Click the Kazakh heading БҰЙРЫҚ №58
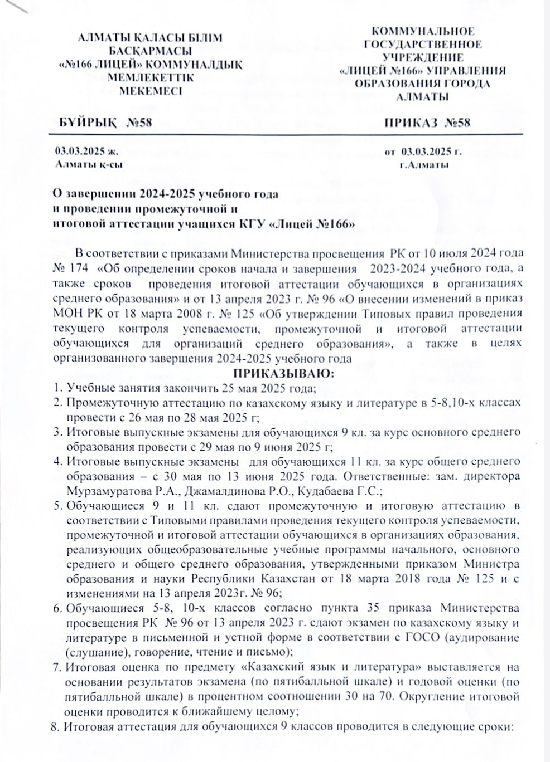pyautogui.click(x=106, y=123)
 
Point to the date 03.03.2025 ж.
pyautogui.click(x=83, y=152)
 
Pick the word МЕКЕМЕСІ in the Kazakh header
pyautogui.click(x=151, y=90)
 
